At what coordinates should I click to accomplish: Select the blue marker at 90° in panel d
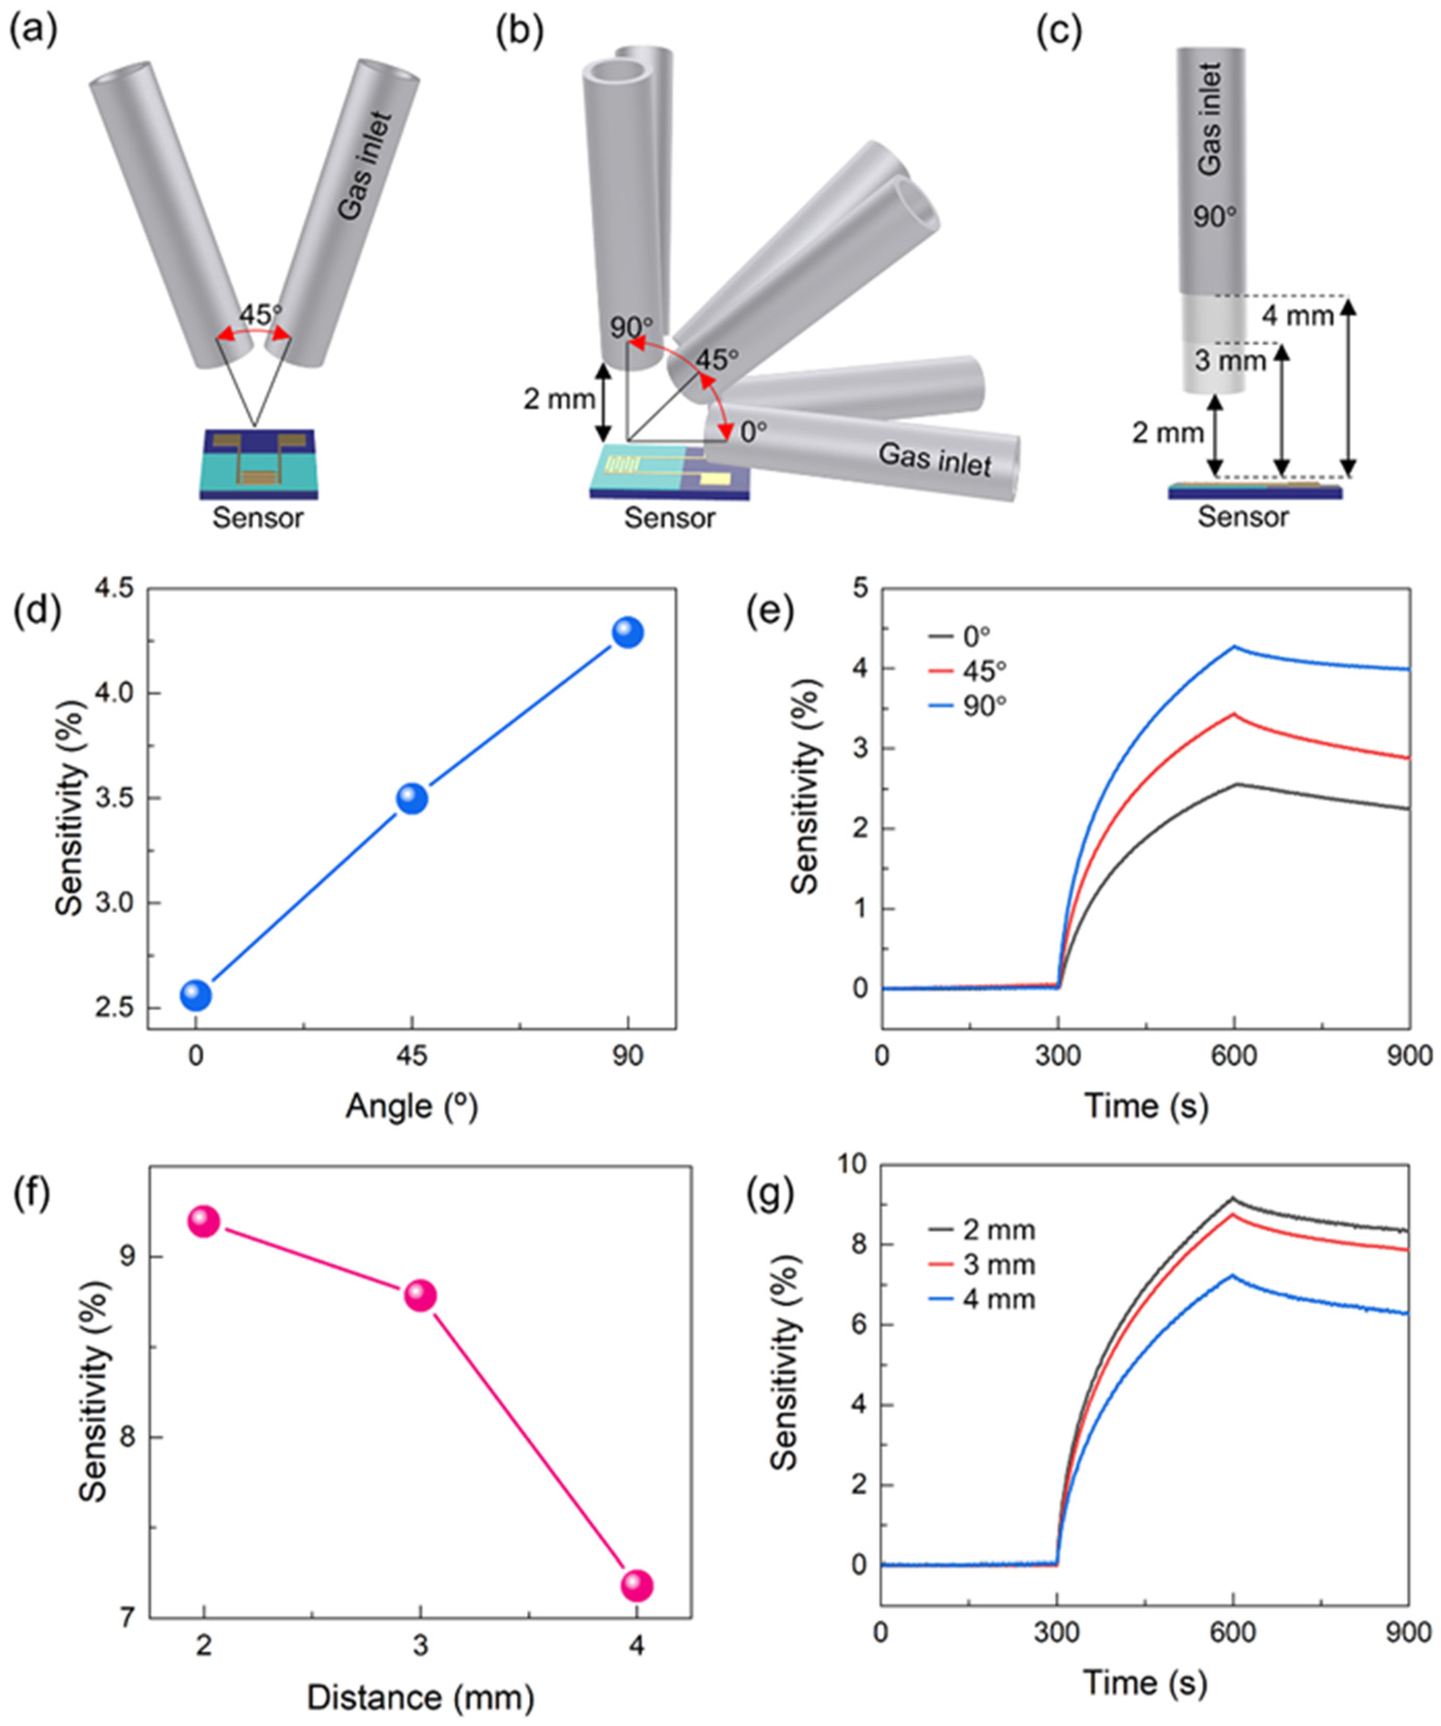[628, 632]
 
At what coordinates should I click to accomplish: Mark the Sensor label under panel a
[258, 519]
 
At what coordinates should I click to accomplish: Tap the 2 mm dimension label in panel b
[560, 400]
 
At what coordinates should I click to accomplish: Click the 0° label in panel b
[753, 432]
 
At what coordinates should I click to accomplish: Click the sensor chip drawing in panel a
[258, 464]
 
